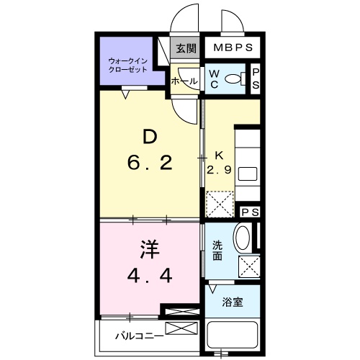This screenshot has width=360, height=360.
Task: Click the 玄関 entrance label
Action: click(186, 49)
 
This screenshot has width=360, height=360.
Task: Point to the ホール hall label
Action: click(184, 81)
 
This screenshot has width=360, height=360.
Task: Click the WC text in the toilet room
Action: click(215, 78)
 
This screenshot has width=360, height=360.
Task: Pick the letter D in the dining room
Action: click(150, 136)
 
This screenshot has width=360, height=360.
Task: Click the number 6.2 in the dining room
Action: click(150, 164)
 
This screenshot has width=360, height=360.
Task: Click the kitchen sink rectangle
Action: click(248, 174)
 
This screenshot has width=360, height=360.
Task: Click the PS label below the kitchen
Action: click(251, 212)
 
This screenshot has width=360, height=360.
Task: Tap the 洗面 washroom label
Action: click(217, 249)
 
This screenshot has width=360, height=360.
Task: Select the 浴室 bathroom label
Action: click(232, 302)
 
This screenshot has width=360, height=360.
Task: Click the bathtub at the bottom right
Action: click(233, 336)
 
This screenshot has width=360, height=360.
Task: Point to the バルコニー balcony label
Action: click(137, 336)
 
